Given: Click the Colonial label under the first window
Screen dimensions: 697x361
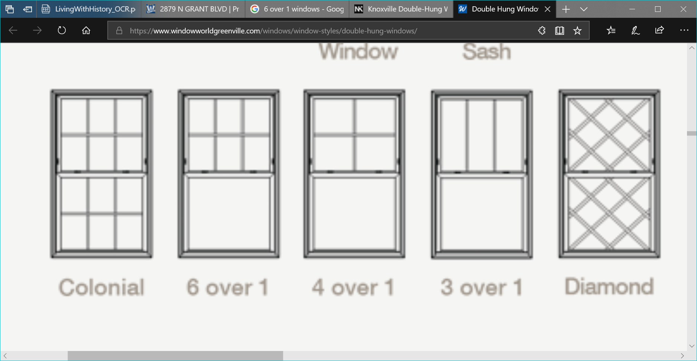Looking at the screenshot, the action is (101, 287).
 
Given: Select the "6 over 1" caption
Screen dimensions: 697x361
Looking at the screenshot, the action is (227, 287).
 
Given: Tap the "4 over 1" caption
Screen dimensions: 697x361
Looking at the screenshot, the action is (353, 287).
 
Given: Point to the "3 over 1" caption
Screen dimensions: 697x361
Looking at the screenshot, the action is (481, 287).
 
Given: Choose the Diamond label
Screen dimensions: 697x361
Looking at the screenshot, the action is (609, 286).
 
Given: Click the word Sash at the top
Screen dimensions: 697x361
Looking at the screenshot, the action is (486, 52).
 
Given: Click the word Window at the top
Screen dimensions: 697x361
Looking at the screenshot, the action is (359, 52).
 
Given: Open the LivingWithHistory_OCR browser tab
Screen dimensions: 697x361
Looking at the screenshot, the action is (89, 9).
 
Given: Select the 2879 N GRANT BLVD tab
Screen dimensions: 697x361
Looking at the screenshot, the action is (193, 9).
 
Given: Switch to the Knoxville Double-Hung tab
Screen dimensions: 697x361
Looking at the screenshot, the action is (401, 9).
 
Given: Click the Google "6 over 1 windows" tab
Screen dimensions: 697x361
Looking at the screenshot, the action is (297, 9).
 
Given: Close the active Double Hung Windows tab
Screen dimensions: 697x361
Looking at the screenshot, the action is (547, 9).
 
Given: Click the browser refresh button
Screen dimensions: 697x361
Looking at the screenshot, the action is (62, 30).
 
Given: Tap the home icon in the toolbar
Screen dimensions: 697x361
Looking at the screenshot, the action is (86, 30).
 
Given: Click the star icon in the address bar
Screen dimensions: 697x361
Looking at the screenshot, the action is (577, 30).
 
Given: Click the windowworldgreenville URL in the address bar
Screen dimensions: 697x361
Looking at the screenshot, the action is (273, 31).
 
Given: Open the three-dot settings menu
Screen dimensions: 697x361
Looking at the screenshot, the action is (684, 30).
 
